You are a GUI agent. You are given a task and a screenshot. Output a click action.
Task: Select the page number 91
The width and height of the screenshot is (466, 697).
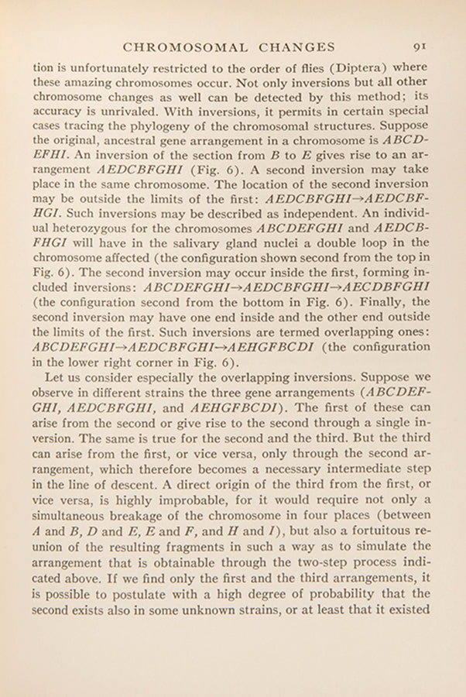tap(421, 46)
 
